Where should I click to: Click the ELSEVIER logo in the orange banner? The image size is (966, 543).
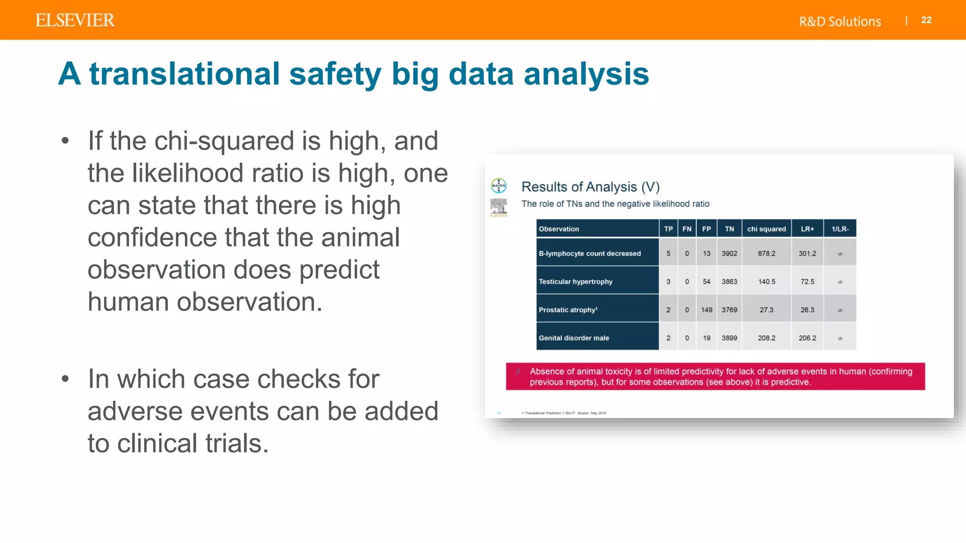[75, 20]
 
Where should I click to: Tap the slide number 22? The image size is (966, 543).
[926, 20]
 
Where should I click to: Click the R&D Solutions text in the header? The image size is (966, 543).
[840, 22]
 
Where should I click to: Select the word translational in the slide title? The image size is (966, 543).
[185, 74]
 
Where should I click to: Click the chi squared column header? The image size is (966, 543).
[766, 229]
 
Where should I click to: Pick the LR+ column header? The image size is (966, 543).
[807, 229]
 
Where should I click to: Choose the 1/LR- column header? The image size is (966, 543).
[840, 229]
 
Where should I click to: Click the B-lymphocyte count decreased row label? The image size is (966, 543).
[590, 254]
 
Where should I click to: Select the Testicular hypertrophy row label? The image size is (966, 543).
[575, 282]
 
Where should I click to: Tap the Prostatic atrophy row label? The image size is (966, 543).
[568, 310]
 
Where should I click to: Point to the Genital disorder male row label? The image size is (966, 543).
[574, 338]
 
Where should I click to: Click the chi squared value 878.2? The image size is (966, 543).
[766, 254]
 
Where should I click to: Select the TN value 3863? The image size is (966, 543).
[729, 282]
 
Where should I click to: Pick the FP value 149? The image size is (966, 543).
[706, 310]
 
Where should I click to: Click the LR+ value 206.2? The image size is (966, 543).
[807, 338]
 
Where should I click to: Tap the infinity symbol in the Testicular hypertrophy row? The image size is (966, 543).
[840, 282]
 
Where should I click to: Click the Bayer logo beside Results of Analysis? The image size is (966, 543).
[499, 186]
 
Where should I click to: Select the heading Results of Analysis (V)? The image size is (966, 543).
[590, 187]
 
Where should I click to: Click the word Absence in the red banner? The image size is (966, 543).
[547, 371]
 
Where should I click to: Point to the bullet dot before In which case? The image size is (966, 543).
[66, 378]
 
